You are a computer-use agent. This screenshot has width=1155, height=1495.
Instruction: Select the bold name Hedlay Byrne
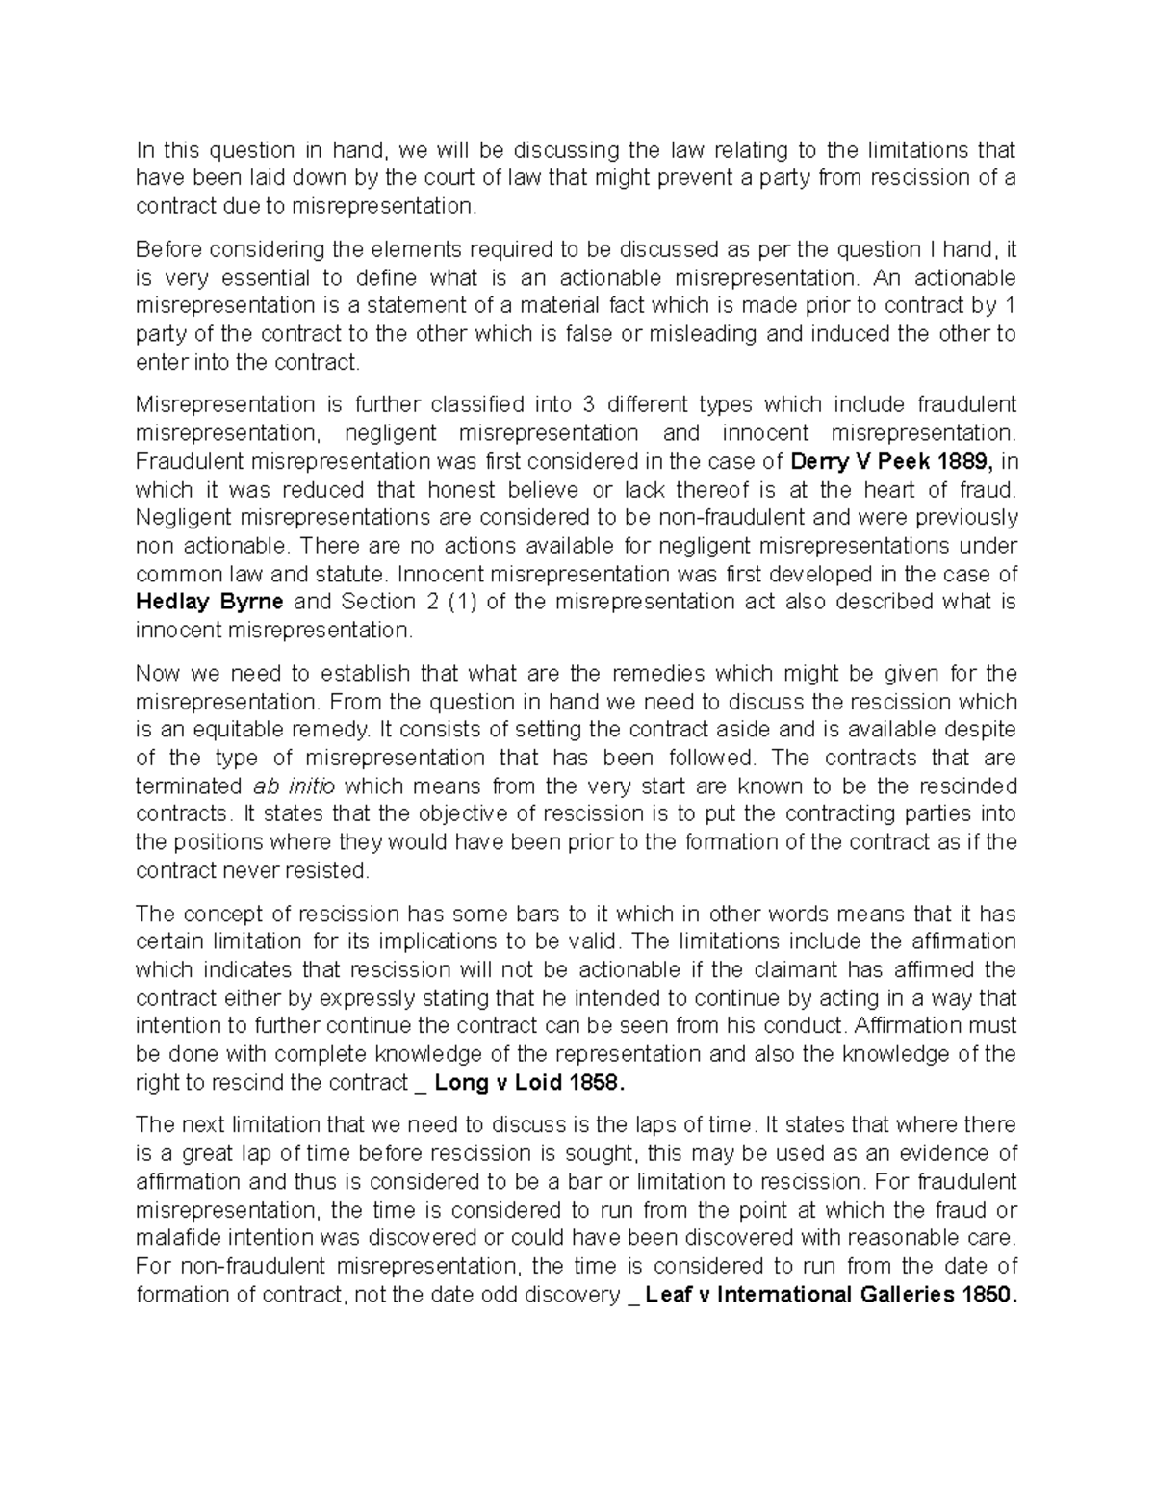click(x=209, y=602)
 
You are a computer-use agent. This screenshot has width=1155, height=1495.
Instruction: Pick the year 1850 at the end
click(x=987, y=1295)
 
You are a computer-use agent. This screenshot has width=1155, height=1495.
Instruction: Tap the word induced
click(x=857, y=334)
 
